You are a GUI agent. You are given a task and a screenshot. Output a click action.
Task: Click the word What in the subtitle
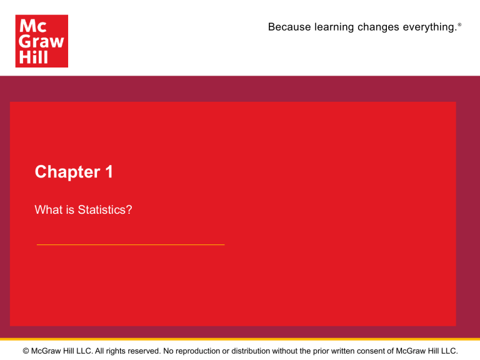coord(47,210)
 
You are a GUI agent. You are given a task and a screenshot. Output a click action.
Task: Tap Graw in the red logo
coord(41,41)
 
